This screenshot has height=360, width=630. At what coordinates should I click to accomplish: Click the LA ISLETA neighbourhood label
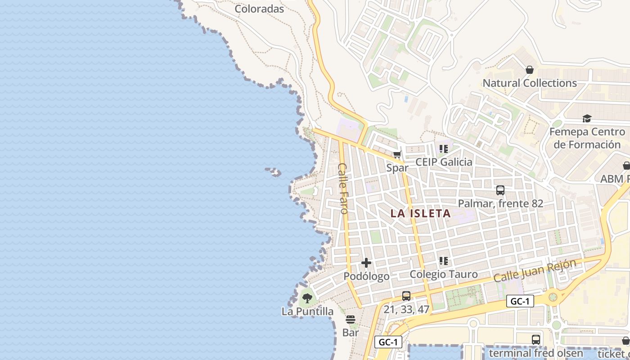[x=420, y=213]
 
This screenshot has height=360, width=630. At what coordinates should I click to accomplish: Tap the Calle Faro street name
[x=343, y=188]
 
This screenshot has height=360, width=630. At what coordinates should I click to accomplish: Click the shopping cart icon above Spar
[x=397, y=155]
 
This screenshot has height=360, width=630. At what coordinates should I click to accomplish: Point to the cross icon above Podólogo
[x=366, y=263]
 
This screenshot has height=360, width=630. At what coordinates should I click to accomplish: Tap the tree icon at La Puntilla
[x=307, y=298]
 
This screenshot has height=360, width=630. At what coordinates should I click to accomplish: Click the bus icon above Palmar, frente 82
[x=500, y=190]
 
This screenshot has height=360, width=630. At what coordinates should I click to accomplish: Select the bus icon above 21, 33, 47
[x=406, y=296]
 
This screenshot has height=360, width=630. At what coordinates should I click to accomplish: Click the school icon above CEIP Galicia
[x=444, y=149]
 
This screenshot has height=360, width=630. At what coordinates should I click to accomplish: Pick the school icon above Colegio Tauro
[x=444, y=261]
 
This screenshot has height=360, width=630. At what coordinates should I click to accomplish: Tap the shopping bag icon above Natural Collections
[x=529, y=70]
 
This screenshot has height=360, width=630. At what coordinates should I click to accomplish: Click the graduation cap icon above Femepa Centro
[x=587, y=118]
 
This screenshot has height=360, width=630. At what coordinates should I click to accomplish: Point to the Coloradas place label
[x=260, y=9]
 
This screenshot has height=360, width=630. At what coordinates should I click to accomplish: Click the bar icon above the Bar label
[x=351, y=319]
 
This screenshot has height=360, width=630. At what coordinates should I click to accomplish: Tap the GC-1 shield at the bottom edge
[x=388, y=342]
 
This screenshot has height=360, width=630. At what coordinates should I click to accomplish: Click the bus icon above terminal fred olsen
[x=535, y=340]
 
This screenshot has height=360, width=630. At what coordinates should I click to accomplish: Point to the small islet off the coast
[x=273, y=171]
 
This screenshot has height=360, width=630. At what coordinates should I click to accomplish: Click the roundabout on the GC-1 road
[x=553, y=297]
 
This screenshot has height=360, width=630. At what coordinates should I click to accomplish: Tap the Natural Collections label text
[x=530, y=83]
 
